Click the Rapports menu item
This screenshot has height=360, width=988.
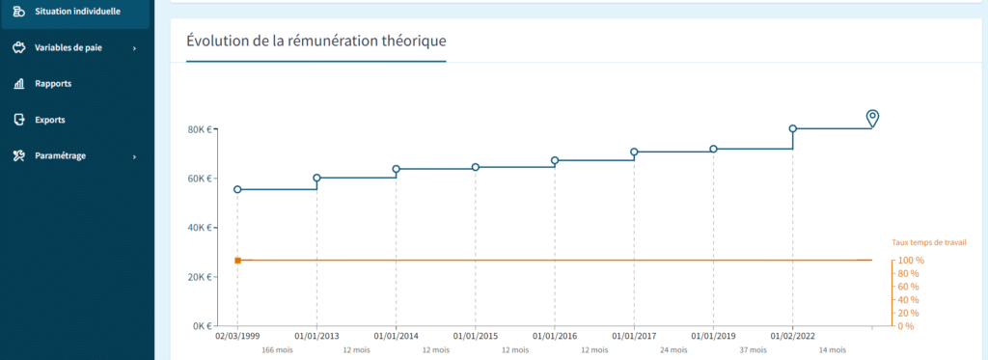[x=53, y=84]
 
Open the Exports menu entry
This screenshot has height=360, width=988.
[x=49, y=121]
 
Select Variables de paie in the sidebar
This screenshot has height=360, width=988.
[x=68, y=47]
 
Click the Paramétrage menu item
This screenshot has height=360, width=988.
[x=60, y=156]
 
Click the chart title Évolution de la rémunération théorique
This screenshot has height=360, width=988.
[x=316, y=42]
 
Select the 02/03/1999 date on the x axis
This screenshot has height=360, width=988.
[x=236, y=336]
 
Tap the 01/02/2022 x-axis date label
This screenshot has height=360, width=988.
[x=793, y=336]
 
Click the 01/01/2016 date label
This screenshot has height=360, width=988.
[x=555, y=336]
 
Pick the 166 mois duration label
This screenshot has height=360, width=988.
[x=277, y=350]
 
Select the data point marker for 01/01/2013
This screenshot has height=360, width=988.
[x=317, y=178]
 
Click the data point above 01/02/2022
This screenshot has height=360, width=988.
[x=793, y=128]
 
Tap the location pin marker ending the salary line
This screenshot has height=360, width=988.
[x=872, y=118]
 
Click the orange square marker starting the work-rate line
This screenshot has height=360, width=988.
[x=237, y=261]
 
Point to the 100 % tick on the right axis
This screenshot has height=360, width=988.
[x=912, y=261]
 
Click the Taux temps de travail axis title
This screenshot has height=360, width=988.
[x=928, y=243]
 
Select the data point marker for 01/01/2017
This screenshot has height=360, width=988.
[x=634, y=152]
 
